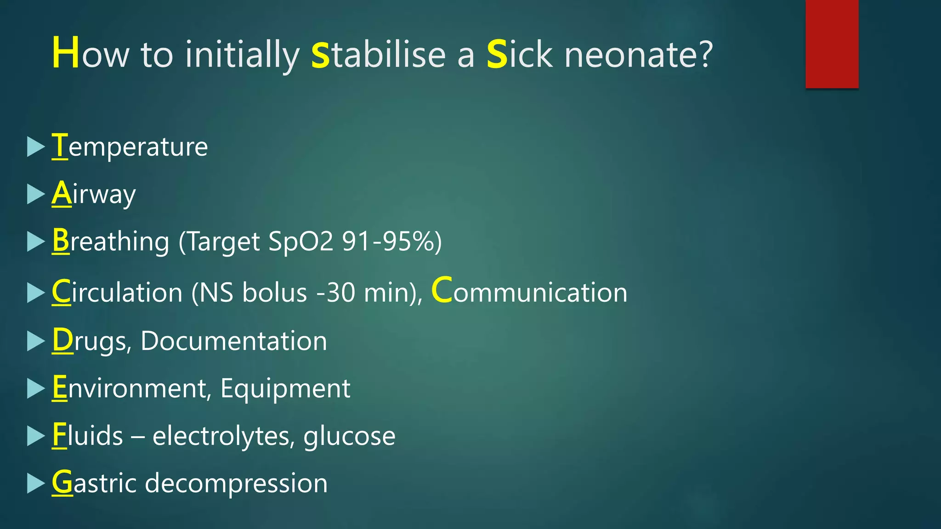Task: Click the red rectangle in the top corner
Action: [x=832, y=44]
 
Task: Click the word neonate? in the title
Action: [x=638, y=55]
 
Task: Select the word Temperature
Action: [x=130, y=147]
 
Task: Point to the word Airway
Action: [x=94, y=194]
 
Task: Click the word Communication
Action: [x=529, y=292]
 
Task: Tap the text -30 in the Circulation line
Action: [x=336, y=293]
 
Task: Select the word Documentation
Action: [x=234, y=341]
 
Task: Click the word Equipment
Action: [x=285, y=388]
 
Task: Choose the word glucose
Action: [x=349, y=437]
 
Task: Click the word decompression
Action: [x=236, y=484]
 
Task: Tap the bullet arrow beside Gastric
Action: [x=35, y=484]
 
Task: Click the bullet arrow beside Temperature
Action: [x=35, y=147]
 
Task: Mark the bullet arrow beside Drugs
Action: [x=35, y=341]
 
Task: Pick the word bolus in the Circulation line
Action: [x=274, y=293]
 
